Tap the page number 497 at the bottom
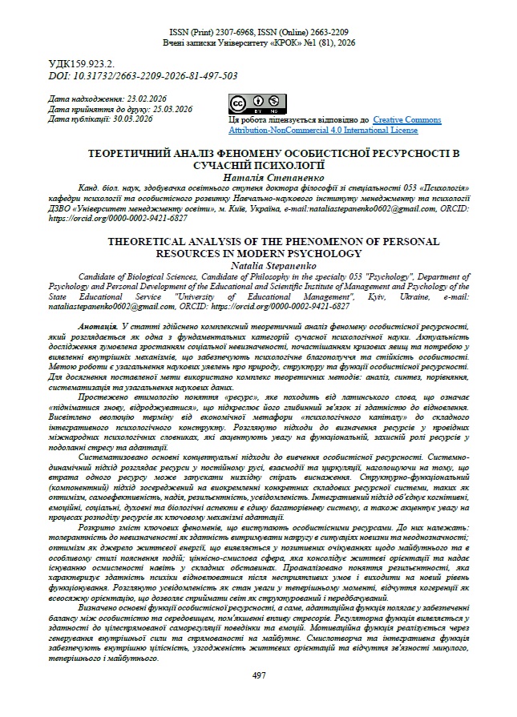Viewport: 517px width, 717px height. pyautogui.click(x=258, y=675)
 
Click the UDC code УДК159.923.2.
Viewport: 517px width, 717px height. pyautogui.click(x=82, y=62)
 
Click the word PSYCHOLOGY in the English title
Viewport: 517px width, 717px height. pyautogui.click(x=323, y=252)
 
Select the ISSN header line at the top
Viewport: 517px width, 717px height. pyautogui.click(x=258, y=30)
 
